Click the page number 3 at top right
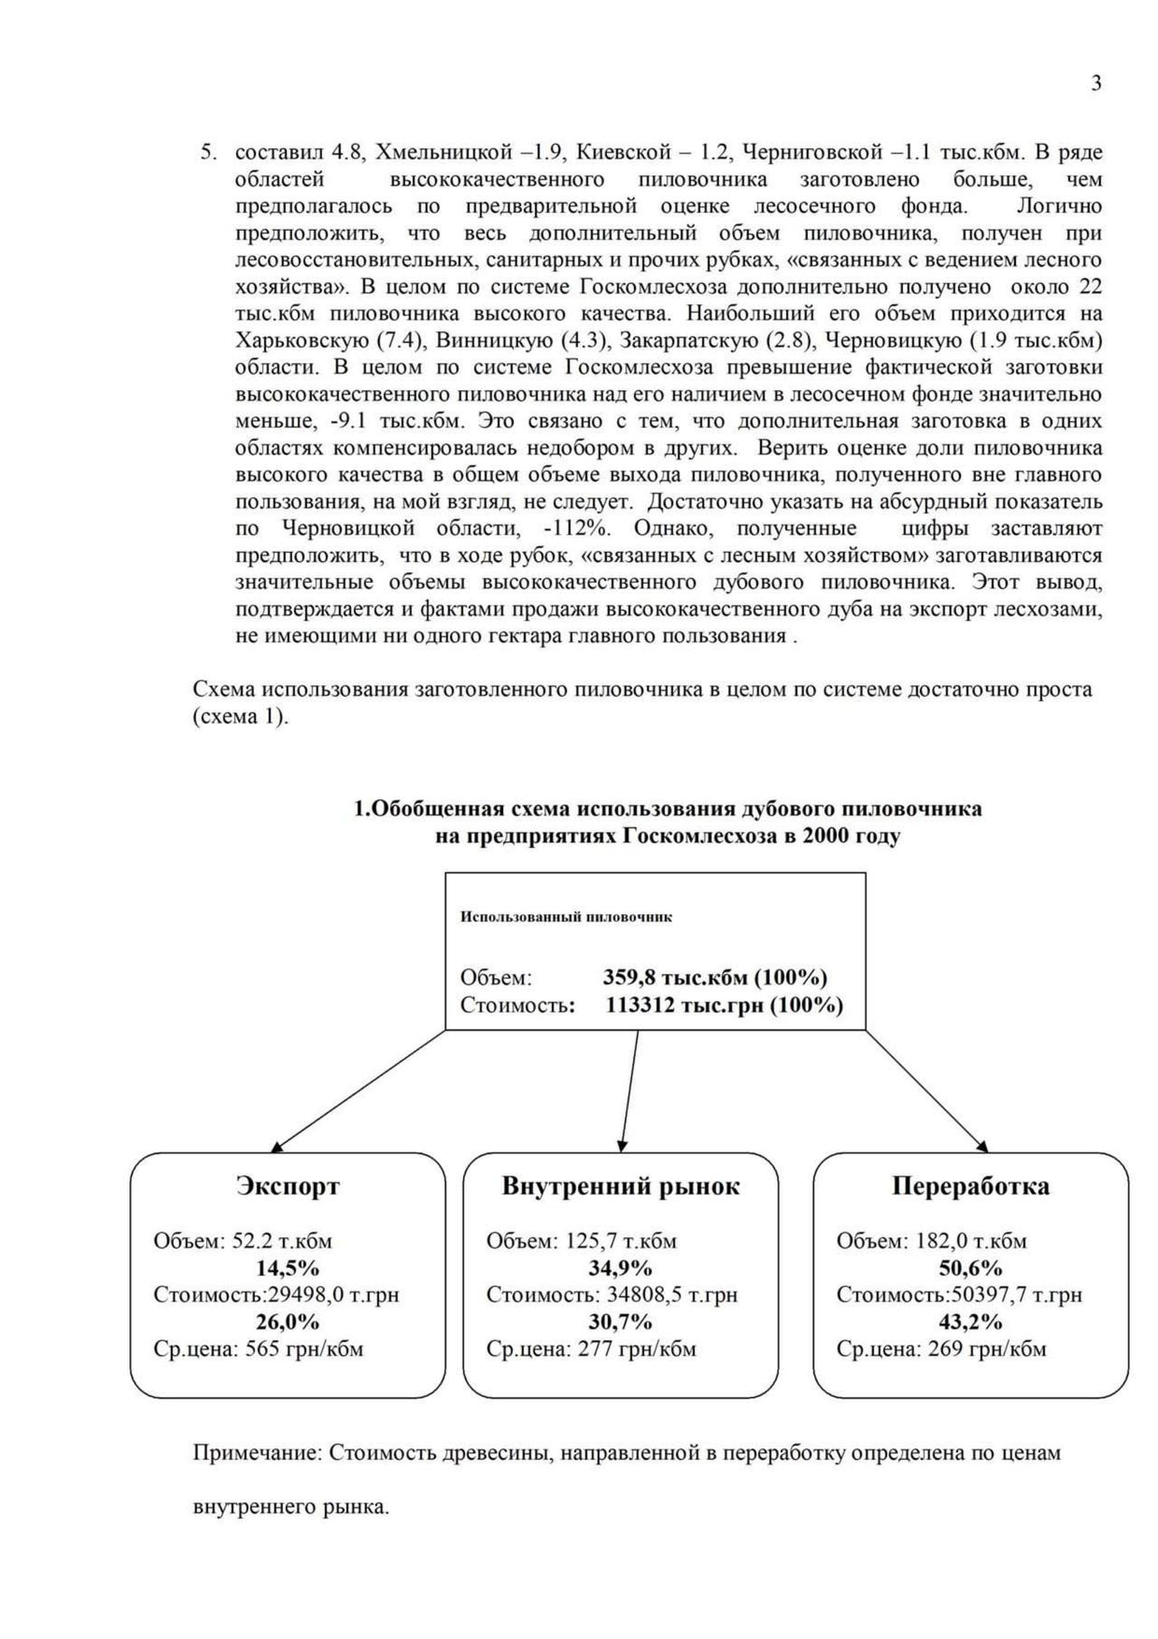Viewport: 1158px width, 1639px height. pos(1096,84)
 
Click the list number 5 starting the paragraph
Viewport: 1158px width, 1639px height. pos(208,152)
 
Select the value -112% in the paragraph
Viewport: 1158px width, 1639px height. pos(575,528)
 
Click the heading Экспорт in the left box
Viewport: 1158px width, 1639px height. pos(288,1186)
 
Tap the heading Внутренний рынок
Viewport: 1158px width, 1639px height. pos(621,1186)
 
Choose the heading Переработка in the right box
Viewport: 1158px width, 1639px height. pos(971,1186)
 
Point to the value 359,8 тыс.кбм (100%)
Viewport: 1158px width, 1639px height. pos(715,977)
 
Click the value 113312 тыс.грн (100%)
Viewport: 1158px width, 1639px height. pos(724,1005)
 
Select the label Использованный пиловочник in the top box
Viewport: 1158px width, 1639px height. pos(566,917)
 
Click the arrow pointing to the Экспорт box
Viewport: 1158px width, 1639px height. pos(357,1091)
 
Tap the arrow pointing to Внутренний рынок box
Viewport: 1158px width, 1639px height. pos(630,1091)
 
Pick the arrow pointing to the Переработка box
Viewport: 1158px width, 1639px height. pos(927,1091)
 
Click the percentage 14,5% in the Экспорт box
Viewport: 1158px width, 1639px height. pos(288,1268)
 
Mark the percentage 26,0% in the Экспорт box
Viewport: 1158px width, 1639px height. pos(288,1322)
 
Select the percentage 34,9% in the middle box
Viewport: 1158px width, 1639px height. pos(621,1268)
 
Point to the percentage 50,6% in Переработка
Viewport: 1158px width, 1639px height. pos(971,1268)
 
